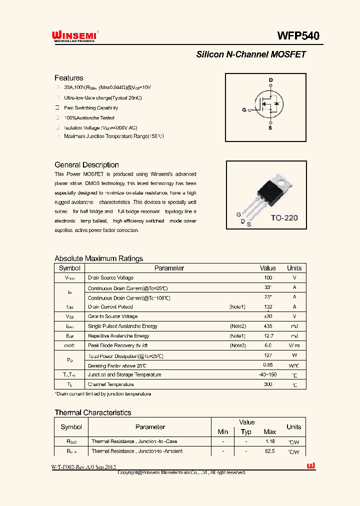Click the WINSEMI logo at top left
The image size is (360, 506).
point(75,36)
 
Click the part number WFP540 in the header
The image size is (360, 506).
point(298,36)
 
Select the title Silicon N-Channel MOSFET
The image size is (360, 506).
point(250,54)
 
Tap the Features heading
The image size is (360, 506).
point(68,78)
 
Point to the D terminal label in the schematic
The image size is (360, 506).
point(271,80)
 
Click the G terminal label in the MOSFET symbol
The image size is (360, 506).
point(244,109)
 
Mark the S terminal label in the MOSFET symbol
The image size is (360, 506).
point(271,128)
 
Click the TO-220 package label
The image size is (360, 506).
point(283,218)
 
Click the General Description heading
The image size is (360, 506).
point(86,165)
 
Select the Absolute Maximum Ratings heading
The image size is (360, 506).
point(98,258)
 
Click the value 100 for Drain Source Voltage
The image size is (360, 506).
point(268,277)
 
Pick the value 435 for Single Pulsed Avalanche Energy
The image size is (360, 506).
point(268,326)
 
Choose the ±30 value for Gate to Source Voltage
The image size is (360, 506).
point(268,316)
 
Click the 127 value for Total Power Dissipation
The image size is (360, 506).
point(268,355)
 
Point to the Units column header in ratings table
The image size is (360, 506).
point(294,268)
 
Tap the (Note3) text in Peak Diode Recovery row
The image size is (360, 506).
point(237,345)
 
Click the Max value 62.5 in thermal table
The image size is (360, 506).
point(270,451)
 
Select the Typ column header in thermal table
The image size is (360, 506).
point(246,431)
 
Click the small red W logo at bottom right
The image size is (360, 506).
point(310,466)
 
